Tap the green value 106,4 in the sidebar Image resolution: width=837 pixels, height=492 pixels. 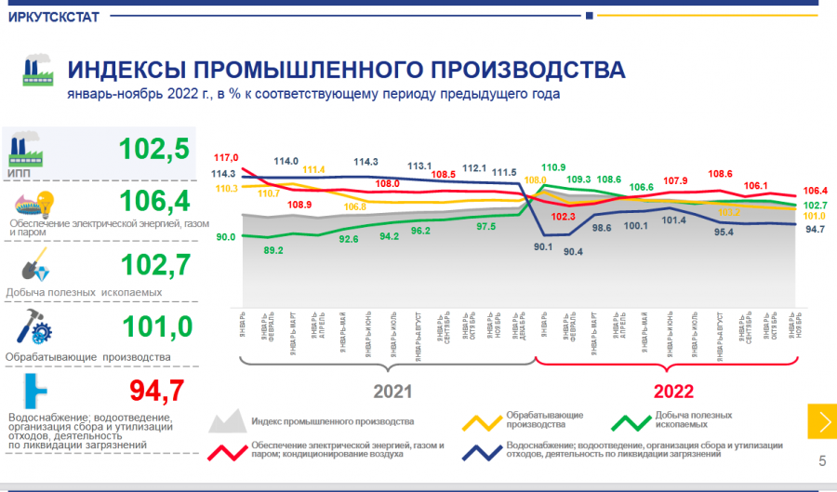154,202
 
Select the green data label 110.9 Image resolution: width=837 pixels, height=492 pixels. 553,167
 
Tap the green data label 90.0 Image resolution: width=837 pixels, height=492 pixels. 225,237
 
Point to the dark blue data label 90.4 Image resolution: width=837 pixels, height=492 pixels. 573,251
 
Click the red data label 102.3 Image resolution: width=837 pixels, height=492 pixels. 564,217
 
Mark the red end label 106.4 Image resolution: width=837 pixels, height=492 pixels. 815,191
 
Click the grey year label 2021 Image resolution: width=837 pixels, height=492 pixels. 392,391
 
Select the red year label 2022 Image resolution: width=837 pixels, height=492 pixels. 673,391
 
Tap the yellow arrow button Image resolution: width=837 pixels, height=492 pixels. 821,421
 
